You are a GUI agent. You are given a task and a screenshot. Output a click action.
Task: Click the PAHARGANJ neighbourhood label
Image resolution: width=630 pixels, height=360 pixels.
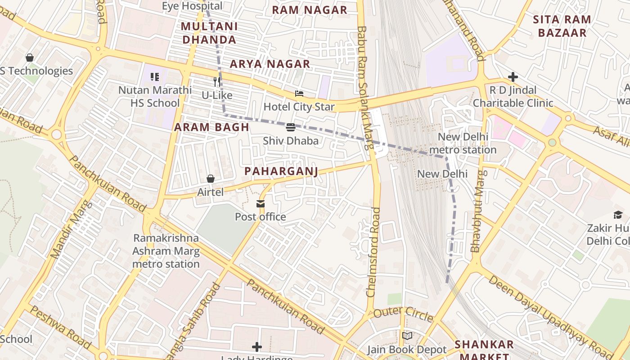pos(281,171)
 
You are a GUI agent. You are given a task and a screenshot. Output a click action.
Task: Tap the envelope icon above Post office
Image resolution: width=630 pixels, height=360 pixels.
pos(261,204)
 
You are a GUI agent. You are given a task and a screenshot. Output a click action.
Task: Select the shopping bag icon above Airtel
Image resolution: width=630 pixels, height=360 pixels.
pos(210,179)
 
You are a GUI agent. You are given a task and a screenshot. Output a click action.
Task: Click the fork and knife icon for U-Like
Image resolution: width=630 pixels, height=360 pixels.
pos(217,81)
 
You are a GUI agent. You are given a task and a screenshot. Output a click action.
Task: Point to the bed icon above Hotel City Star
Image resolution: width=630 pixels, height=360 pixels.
pos(299,94)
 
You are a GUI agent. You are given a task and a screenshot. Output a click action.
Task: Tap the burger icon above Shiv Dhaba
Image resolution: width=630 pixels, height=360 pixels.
pos(291,127)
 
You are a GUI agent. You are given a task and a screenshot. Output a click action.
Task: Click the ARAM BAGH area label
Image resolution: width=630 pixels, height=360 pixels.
pos(211,127)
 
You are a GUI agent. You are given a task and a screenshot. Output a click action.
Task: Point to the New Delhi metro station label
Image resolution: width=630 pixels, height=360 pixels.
pos(463,143)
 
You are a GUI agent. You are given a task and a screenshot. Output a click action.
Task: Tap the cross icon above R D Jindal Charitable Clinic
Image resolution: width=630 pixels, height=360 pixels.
pos(513,77)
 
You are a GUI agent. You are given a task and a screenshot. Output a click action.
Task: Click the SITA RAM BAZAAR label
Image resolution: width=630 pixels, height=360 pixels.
pos(562,26)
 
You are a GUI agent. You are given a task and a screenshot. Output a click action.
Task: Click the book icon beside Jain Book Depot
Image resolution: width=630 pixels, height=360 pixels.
pos(407,336)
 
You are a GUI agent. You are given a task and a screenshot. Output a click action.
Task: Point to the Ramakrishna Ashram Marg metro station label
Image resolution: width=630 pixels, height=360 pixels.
pos(166,251)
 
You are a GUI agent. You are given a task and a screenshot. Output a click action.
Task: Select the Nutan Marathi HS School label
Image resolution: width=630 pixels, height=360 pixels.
pos(155,96)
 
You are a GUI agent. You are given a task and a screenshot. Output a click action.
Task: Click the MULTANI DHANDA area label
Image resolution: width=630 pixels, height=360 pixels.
pos(209,33)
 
